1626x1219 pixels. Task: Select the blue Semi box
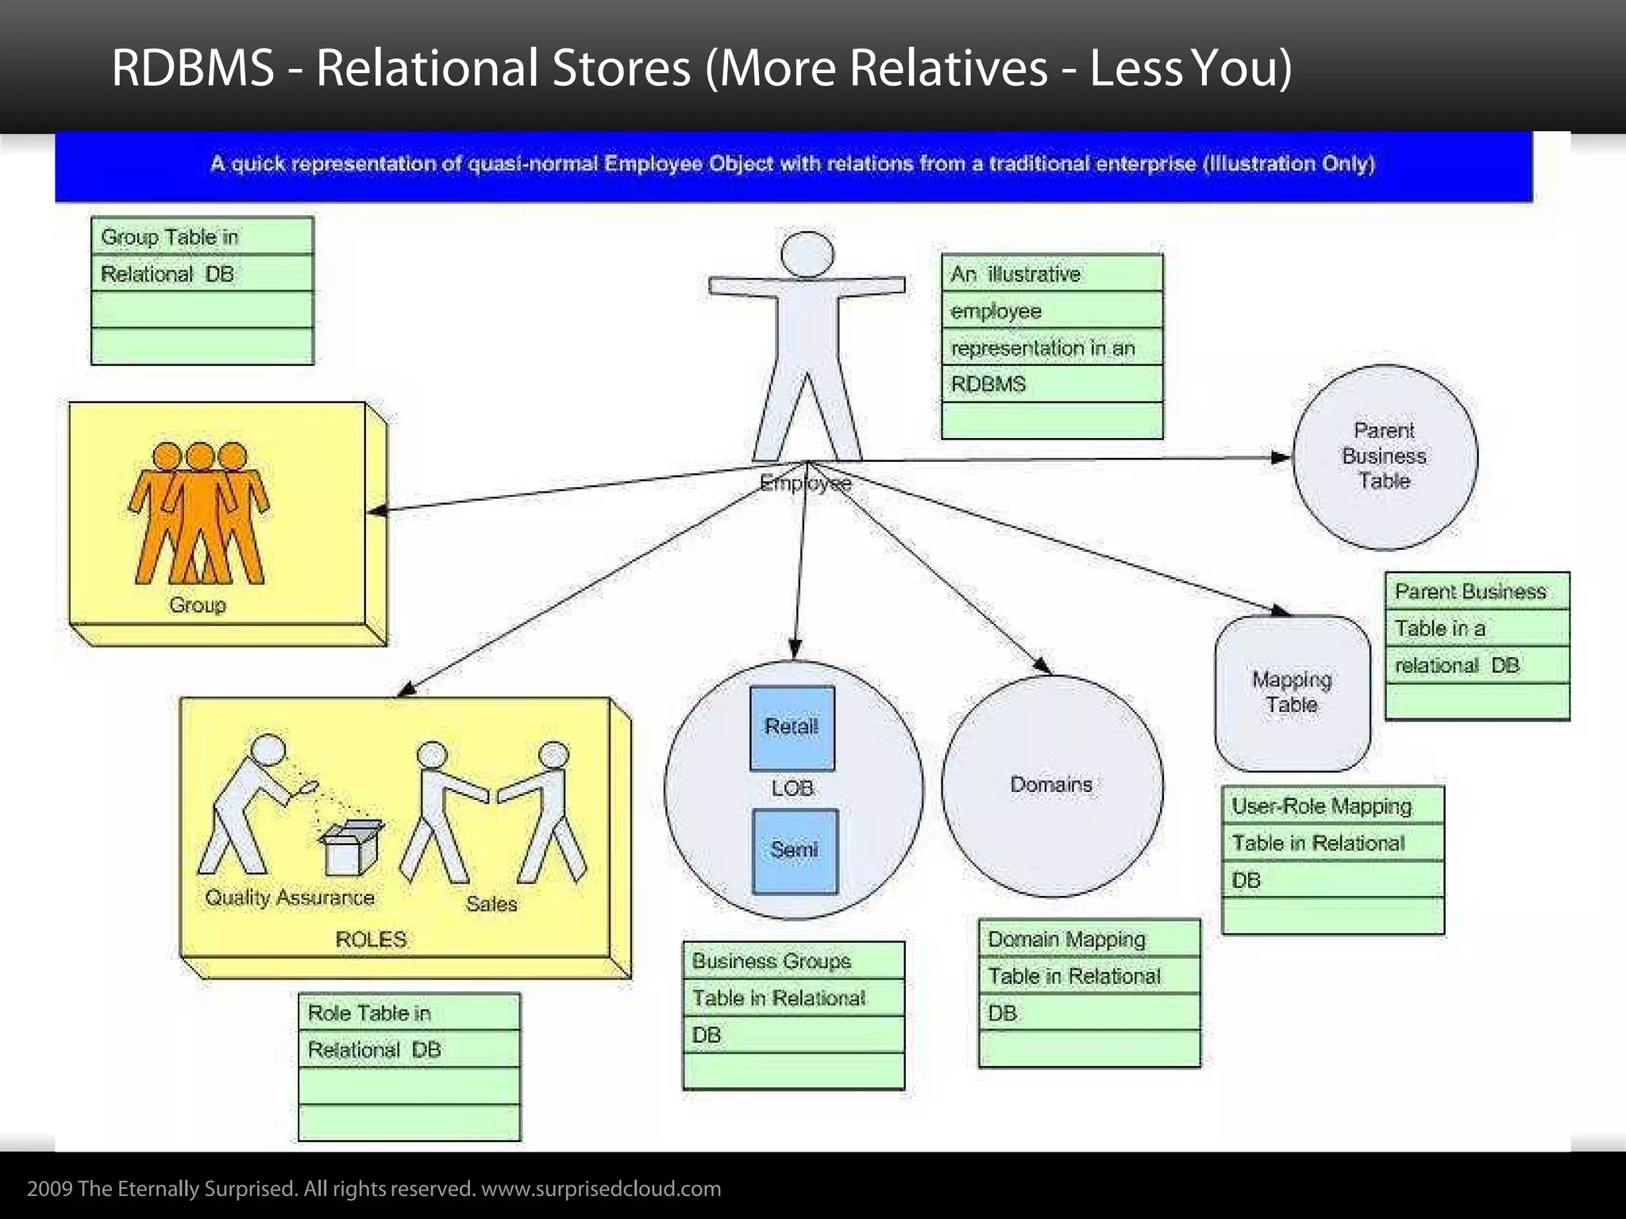point(794,851)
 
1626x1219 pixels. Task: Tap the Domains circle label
point(1051,785)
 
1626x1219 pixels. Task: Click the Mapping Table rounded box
point(1292,693)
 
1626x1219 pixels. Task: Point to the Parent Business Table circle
point(1385,456)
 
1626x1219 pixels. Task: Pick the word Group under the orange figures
point(198,606)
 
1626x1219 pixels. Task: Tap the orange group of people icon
point(199,512)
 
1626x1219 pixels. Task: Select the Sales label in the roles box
point(491,904)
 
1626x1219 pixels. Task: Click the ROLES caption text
point(371,940)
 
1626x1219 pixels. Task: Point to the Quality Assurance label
point(290,898)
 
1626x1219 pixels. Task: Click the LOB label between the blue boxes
point(792,789)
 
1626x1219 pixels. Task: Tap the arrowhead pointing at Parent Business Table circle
point(1281,458)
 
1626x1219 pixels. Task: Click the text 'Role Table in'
point(369,1013)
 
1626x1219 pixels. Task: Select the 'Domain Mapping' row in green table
point(1066,940)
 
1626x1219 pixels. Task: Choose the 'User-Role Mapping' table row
point(1322,806)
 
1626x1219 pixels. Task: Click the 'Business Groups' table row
point(771,961)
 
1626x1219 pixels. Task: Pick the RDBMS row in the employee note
point(988,385)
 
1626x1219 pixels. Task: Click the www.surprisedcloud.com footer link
point(601,1189)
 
